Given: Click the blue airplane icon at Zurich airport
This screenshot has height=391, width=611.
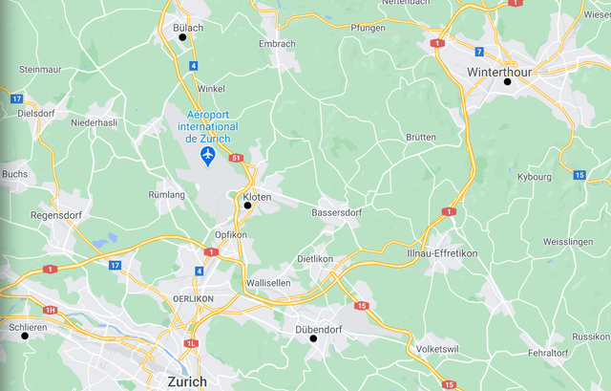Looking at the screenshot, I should (x=208, y=155).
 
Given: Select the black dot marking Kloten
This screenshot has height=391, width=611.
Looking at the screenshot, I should (x=247, y=205).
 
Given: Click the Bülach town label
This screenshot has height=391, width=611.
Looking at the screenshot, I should (x=188, y=28).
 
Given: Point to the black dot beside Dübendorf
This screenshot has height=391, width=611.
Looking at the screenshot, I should (x=313, y=338).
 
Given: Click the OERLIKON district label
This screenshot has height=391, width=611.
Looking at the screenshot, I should (x=193, y=298).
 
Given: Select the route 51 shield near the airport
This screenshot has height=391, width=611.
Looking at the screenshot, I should (x=237, y=158).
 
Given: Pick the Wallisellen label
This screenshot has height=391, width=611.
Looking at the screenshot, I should (x=273, y=284).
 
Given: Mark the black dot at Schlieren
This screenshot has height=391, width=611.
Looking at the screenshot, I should (x=26, y=336).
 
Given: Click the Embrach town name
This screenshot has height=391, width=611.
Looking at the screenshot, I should (x=277, y=44).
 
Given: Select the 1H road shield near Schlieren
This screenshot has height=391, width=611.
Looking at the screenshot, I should (x=51, y=310).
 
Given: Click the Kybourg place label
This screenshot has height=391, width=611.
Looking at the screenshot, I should (x=534, y=177).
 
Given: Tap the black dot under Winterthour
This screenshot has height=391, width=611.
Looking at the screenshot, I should (x=508, y=81).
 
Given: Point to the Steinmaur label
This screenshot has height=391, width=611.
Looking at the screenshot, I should (x=40, y=70).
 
